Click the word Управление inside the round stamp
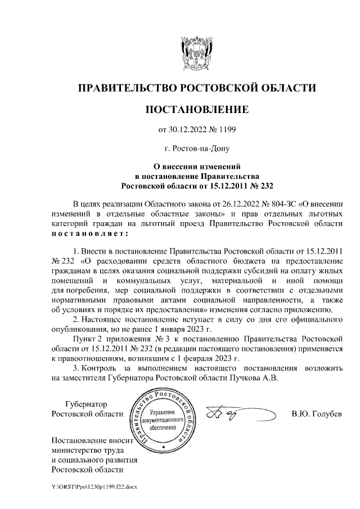163,413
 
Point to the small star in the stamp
163,447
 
